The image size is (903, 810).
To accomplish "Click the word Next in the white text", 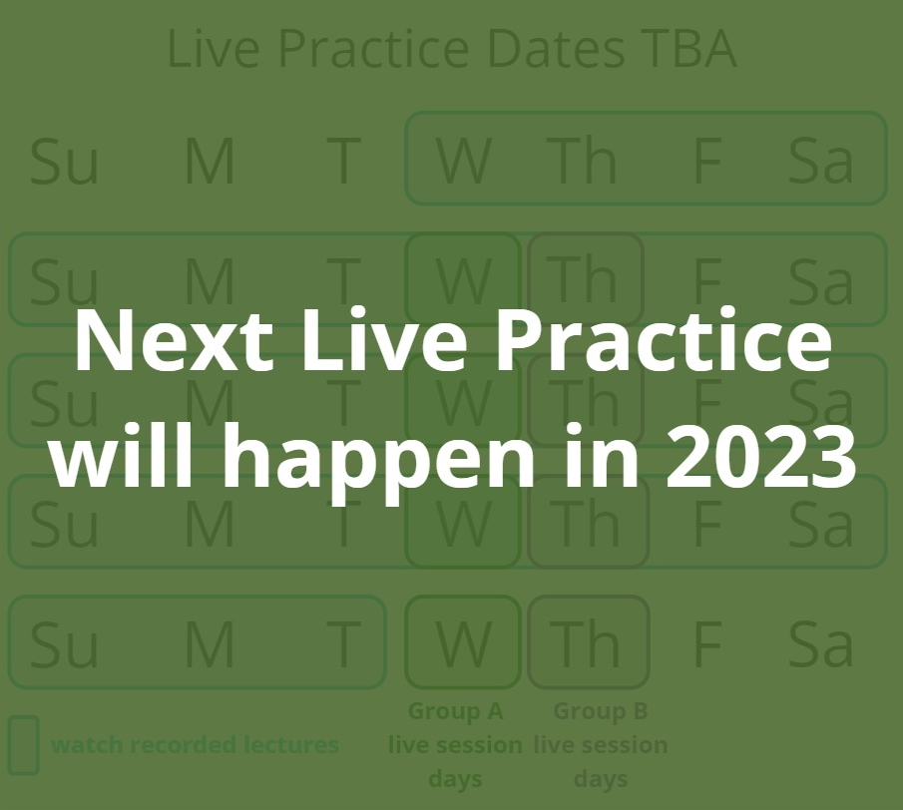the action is pos(174,340).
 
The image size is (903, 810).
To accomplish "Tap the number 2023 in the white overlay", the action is pos(760,455).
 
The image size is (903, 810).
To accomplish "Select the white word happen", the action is pos(378,462).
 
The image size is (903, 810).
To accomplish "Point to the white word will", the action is pos(122,454).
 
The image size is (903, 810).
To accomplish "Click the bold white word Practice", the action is pos(664,339).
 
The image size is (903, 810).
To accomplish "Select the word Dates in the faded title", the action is pos(556,49).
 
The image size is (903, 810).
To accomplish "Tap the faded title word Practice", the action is pos(374,49).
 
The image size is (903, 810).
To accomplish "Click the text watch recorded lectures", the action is pos(195,745).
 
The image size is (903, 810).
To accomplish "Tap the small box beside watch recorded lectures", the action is pos(24,745).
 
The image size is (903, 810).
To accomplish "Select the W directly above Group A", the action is pos(464,643).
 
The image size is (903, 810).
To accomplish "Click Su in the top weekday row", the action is pos(64,161).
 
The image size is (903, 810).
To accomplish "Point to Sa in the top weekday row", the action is pos(820,161).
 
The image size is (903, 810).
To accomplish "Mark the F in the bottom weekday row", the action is pos(707,643).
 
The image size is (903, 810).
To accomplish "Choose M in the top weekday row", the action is pos(210,161).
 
